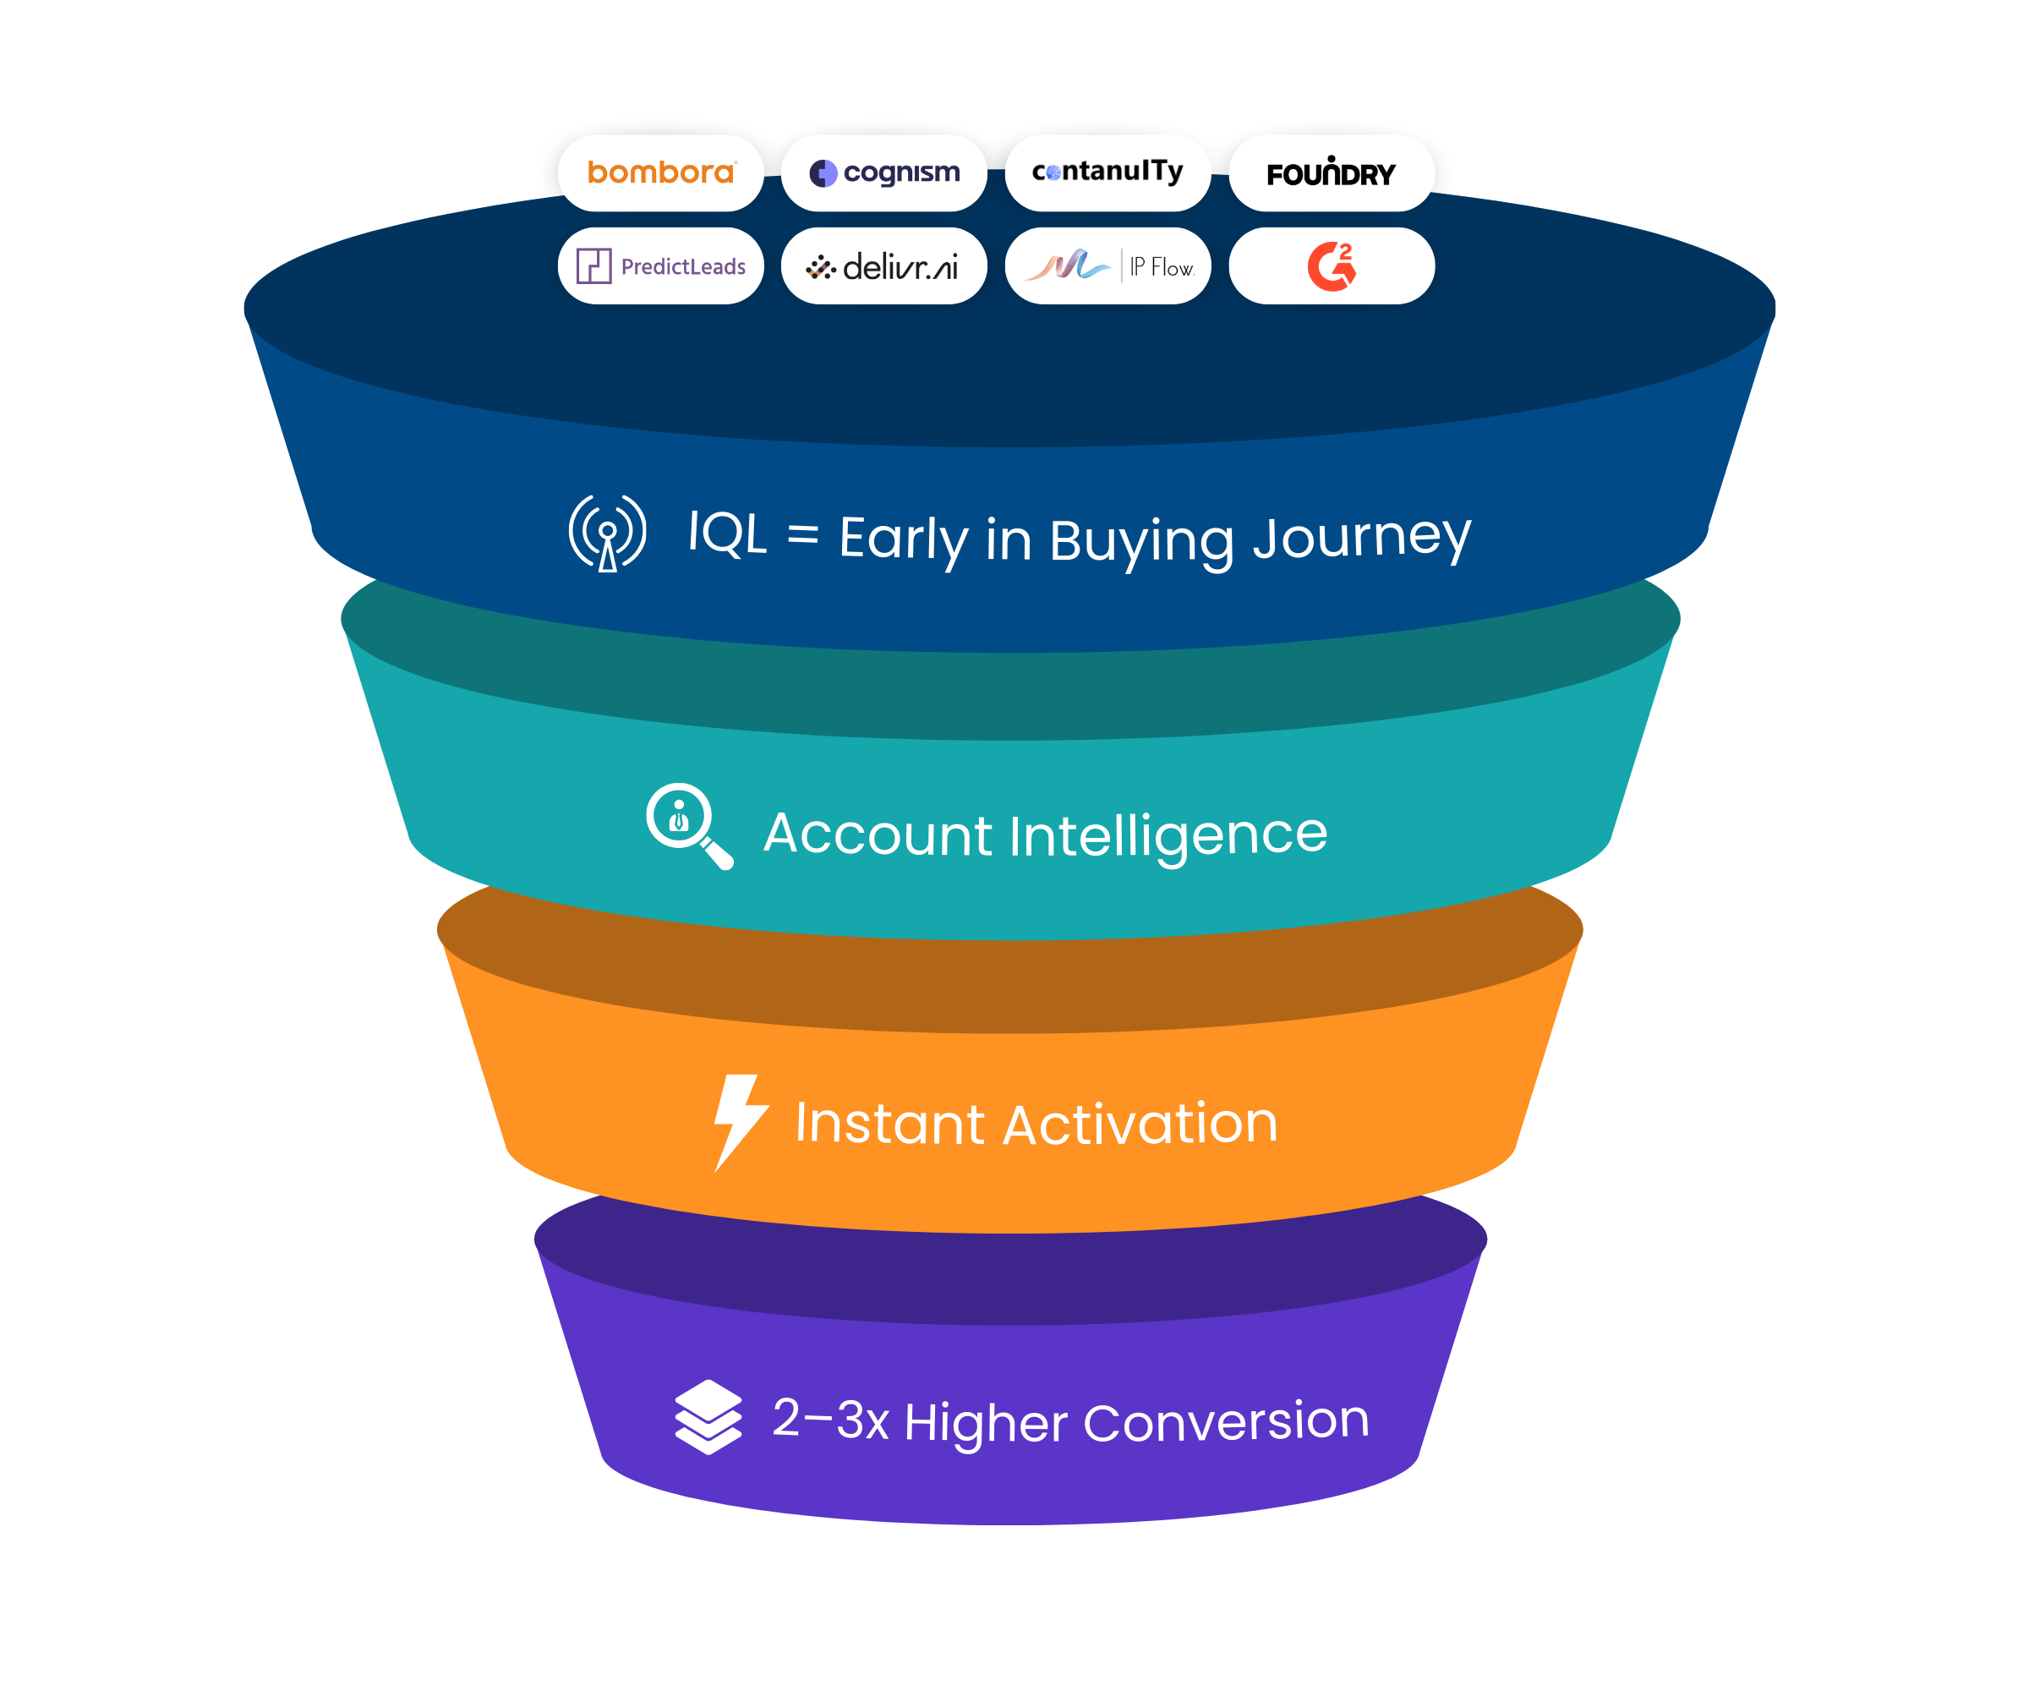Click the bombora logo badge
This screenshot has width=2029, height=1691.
pos(661,173)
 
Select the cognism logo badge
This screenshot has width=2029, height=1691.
pos(884,173)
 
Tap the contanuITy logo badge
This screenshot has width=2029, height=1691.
pos(1107,173)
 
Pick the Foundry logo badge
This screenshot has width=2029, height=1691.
pos(1332,173)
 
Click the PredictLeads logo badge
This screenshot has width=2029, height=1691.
pos(661,265)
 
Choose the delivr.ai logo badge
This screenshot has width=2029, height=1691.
pos(884,265)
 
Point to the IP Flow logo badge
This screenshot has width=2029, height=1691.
pos(1107,265)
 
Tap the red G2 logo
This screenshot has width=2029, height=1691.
pos(1332,265)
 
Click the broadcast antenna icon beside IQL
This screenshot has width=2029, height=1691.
pos(608,533)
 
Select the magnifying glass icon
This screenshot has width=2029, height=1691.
pos(688,824)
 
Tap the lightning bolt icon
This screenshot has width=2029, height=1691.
pos(739,1121)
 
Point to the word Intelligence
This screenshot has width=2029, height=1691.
pos(1168,835)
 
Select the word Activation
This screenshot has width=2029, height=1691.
pos(1140,1124)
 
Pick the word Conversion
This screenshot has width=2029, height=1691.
pos(1226,1421)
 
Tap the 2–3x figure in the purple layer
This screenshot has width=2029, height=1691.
pos(830,1420)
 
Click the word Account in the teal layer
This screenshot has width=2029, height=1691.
pos(878,834)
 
